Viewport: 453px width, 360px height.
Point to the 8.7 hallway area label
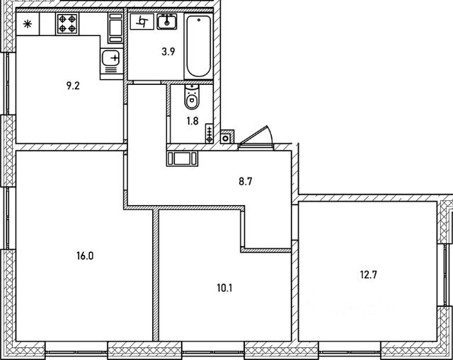pyautogui.click(x=246, y=181)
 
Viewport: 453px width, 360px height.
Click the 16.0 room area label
pyautogui.click(x=84, y=256)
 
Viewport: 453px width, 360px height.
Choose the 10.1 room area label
pyautogui.click(x=225, y=288)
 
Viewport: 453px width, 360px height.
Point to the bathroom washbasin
pyautogui.click(x=167, y=22)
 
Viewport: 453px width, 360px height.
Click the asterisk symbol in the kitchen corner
pyautogui.click(x=28, y=25)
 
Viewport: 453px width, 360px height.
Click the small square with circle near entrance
pyautogui.click(x=226, y=138)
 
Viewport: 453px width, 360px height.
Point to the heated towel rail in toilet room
pyautogui.click(x=210, y=133)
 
